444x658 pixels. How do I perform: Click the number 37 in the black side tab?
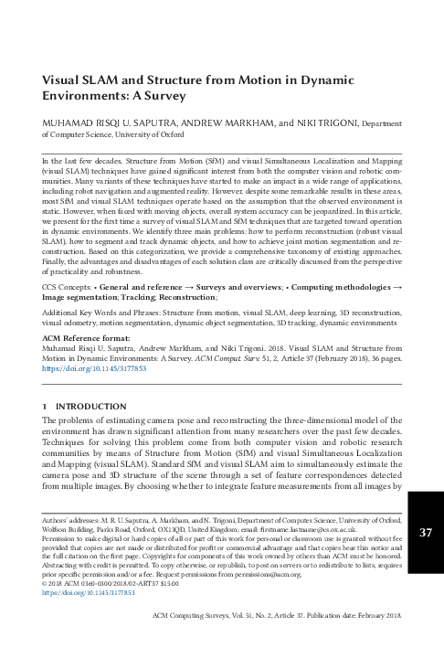[425, 534]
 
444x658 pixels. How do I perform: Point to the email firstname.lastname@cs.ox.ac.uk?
[348, 529]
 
